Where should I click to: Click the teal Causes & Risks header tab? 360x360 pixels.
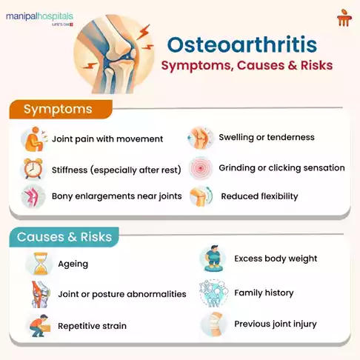tap(64, 237)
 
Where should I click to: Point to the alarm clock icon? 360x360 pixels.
tap(32, 170)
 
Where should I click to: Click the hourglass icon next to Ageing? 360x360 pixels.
tap(36, 264)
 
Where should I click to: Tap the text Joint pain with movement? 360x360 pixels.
tap(107, 139)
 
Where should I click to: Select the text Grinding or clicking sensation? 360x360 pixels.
tap(281, 168)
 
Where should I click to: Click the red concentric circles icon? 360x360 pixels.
tap(200, 169)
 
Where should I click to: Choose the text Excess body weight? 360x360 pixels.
tap(276, 259)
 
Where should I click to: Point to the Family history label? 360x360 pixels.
tap(264, 293)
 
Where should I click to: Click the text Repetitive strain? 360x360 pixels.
tap(92, 326)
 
